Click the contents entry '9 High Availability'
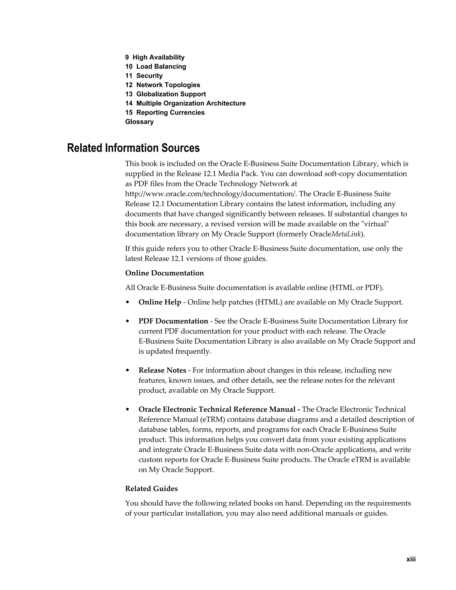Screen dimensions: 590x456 tap(155, 57)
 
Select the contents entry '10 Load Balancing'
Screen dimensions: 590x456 tap(156, 66)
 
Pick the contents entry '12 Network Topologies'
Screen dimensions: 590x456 tap(163, 85)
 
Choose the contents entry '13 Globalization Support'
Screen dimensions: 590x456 tap(165, 94)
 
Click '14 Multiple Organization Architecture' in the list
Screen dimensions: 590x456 tap(185, 103)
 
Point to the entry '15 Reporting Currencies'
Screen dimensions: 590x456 tap(165, 112)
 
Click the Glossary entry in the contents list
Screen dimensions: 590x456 tap(139, 122)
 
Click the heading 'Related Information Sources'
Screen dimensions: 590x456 tap(133, 148)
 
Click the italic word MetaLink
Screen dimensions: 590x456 tap(346, 234)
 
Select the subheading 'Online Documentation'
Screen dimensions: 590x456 tap(164, 273)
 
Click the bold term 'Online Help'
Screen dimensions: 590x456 tap(160, 302)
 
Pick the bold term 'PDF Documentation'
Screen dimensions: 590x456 tap(173, 321)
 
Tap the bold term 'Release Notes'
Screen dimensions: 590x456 tap(162, 370)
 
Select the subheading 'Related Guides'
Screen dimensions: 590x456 tap(151, 489)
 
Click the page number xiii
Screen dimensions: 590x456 tap(411, 559)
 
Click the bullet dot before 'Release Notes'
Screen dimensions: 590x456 tap(128, 371)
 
